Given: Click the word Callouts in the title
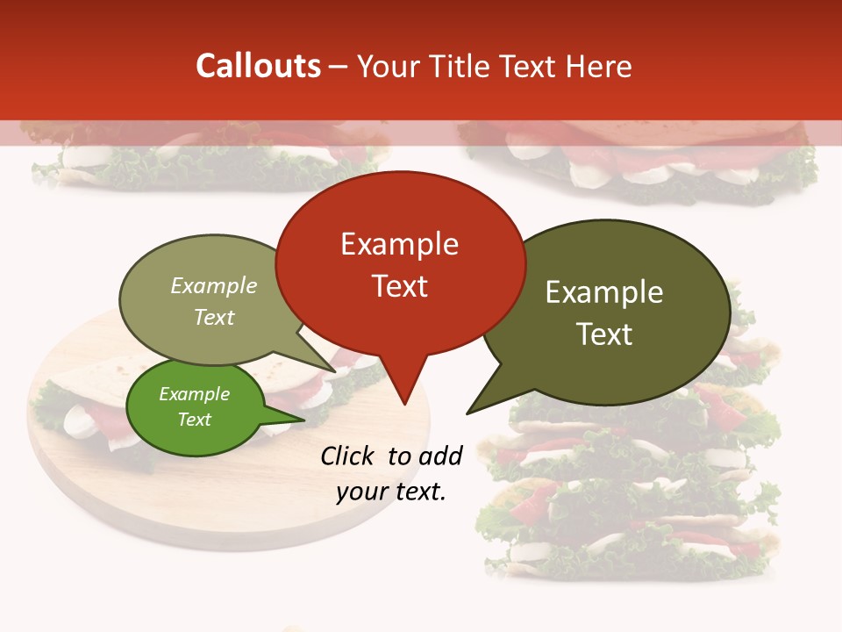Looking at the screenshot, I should [x=258, y=66].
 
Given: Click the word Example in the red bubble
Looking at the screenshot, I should [x=399, y=244].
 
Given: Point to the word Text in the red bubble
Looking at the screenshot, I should [x=399, y=286].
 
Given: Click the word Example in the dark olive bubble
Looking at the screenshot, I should [x=604, y=292].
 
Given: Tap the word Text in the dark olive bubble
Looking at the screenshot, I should [x=604, y=334].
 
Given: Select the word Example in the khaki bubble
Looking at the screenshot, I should [x=214, y=286].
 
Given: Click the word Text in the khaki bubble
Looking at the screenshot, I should [x=214, y=317].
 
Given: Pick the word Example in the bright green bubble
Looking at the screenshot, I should [x=194, y=394].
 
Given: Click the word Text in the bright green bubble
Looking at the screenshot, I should [x=194, y=420].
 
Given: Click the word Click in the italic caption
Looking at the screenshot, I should [x=349, y=456].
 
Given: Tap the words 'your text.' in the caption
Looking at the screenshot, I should [x=391, y=492].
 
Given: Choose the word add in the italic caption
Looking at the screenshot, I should [x=440, y=456].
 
